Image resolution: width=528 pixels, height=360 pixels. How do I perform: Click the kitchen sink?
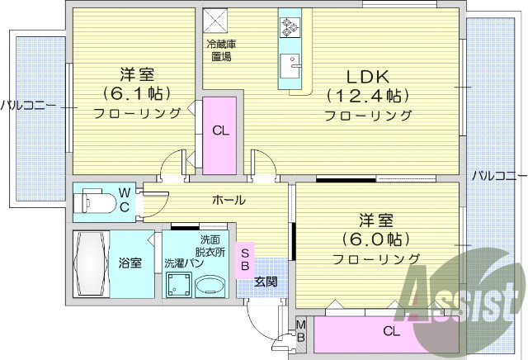(290, 64)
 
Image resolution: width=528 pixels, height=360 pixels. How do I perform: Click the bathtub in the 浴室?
(90, 263)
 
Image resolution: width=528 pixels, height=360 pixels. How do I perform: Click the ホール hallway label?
(229, 200)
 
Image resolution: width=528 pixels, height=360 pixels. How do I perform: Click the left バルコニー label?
(29, 105)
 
